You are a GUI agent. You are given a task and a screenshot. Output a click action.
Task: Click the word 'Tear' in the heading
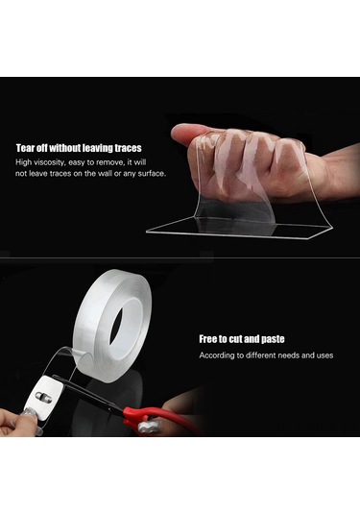point(25,148)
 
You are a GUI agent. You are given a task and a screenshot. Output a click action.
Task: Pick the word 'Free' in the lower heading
point(208,339)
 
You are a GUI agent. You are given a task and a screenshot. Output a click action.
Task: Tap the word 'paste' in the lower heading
point(273,339)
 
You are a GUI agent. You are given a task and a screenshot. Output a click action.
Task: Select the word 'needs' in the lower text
point(289,355)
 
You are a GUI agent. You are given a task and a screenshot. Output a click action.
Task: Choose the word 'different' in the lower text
point(261,355)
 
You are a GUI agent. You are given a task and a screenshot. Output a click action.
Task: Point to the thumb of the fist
point(189,135)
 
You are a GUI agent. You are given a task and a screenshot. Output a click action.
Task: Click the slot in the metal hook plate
point(43,397)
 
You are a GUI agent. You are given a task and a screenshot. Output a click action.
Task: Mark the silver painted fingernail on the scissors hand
point(150,427)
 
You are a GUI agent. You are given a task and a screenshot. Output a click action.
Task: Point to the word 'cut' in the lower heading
point(235,339)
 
